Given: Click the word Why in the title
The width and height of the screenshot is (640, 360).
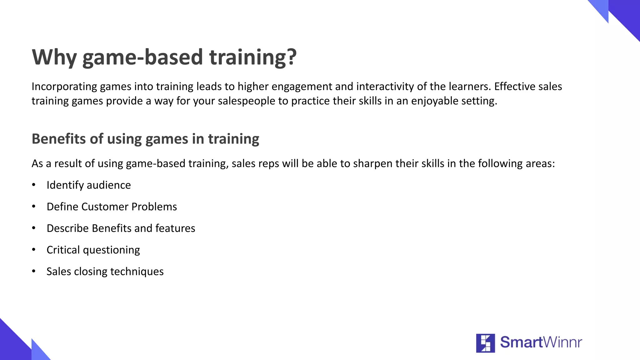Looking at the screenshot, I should [x=54, y=57].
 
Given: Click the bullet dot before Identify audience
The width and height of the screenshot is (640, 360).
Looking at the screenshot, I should [x=34, y=185].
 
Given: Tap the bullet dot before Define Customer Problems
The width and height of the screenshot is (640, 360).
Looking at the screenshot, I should [x=34, y=207].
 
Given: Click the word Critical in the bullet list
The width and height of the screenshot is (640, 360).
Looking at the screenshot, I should [x=63, y=250].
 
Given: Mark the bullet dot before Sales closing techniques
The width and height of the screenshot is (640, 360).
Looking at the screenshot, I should [x=34, y=271].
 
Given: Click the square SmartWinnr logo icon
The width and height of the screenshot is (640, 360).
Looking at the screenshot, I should [x=485, y=343].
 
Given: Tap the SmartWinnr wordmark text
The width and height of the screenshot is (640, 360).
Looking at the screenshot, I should [x=541, y=342].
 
